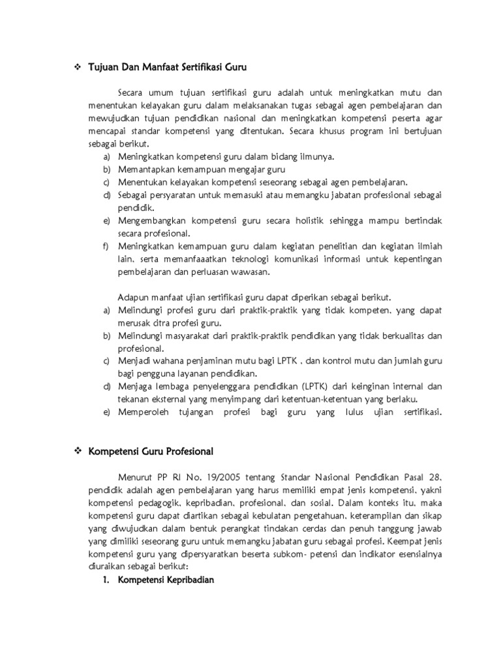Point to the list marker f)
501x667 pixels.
(106, 246)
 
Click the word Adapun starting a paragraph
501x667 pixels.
(133, 297)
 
